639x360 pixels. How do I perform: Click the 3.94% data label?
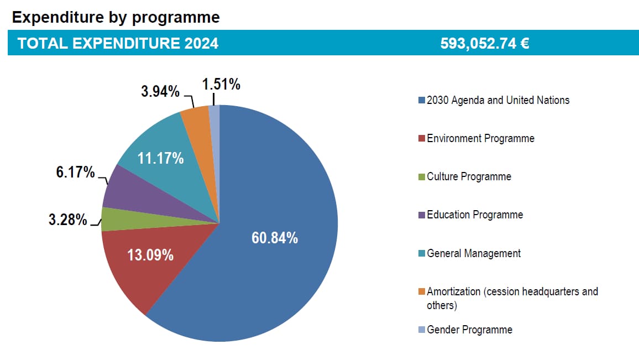pos(160,91)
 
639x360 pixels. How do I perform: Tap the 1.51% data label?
pos(221,85)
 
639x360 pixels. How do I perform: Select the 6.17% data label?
pos(76,172)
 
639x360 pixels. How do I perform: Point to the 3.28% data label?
pos(68,220)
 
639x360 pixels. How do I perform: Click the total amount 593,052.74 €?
pos(485,44)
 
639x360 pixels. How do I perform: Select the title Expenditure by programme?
pos(116,17)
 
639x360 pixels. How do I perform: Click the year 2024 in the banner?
pos(201,44)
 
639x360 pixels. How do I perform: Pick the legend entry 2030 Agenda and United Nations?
pos(498,100)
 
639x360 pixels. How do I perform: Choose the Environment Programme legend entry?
pos(480,138)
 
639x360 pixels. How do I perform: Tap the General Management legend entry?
pos(474,253)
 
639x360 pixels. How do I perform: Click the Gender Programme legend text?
pos(469,330)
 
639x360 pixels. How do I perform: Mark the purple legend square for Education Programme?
pos(422,215)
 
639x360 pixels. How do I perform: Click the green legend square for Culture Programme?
pos(422,177)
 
